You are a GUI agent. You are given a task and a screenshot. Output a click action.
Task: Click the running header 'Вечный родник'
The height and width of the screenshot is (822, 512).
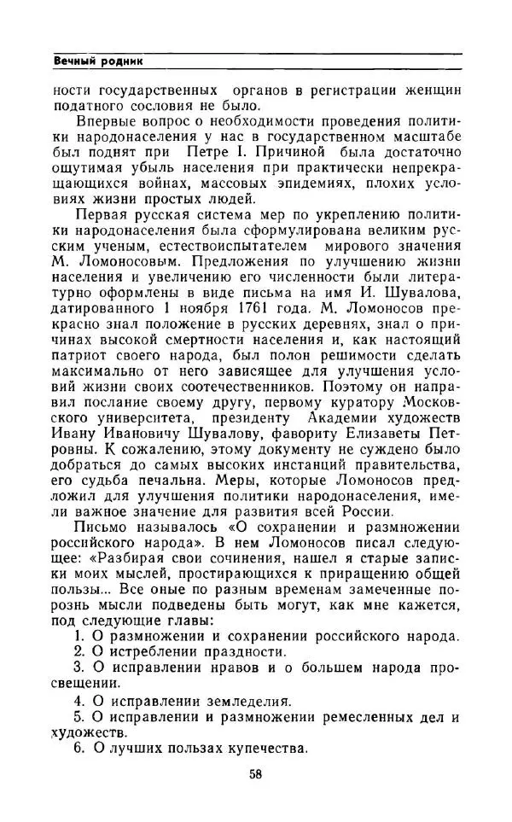(97, 61)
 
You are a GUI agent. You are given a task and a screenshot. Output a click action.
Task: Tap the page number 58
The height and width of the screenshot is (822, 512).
(256, 774)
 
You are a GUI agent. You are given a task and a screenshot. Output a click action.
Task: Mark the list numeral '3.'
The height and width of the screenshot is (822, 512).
(79, 668)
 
